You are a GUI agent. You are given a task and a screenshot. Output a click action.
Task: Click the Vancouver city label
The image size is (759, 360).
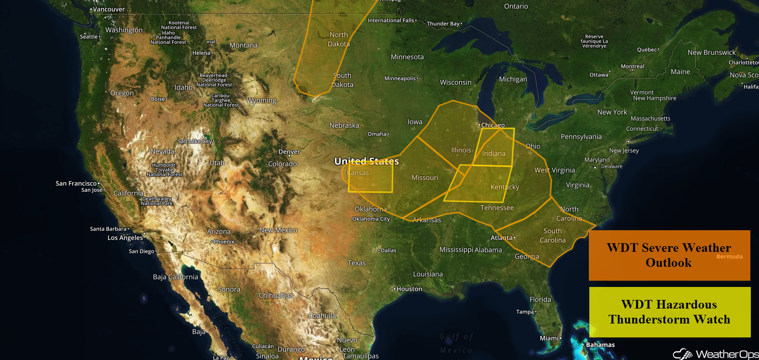pos(109,9)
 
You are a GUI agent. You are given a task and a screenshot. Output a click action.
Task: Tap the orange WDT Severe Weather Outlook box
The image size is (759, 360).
pos(669,255)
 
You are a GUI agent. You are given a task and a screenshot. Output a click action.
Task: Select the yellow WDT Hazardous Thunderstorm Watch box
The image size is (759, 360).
pos(670,312)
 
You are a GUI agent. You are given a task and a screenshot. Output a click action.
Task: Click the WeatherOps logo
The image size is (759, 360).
pos(716,354)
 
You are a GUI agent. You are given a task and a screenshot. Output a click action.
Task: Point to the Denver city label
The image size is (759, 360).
pos(289,151)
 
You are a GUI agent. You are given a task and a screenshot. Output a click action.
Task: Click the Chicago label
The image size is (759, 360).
pos(493,125)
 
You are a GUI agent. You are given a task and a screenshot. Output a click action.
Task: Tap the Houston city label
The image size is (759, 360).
pos(409,289)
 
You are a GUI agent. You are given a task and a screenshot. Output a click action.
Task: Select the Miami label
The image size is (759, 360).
pos(549,338)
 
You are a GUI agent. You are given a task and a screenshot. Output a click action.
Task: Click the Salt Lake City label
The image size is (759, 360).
pos(195,141)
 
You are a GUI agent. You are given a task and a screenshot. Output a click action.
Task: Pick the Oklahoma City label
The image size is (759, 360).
pos(371,219)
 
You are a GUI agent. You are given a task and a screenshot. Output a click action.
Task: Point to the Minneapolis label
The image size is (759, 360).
pos(400,78)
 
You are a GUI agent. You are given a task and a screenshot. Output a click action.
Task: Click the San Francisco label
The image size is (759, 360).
pos(76,183)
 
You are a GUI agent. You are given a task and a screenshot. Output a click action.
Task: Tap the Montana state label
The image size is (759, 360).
pos(244,45)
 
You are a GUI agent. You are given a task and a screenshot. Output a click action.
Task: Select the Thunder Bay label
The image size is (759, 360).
pos(443,24)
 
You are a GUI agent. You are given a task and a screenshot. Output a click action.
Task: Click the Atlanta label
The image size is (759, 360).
pos(501,238)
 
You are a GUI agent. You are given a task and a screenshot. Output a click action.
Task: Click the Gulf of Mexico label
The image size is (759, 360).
pos(456,343)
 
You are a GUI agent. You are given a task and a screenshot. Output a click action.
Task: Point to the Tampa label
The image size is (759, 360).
pos(525,311)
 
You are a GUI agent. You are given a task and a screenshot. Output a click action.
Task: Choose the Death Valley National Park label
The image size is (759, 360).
pos(157,201)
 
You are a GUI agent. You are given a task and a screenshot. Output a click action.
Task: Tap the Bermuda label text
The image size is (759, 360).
pos(729,257)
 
